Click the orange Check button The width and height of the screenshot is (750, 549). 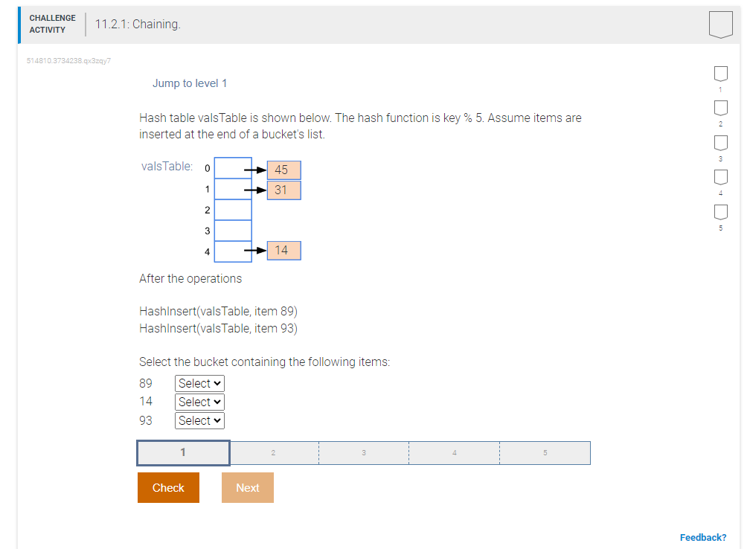point(168,487)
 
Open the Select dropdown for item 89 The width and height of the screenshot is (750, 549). point(199,383)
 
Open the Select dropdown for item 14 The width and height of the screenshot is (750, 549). point(199,402)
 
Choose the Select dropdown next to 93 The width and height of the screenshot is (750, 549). point(199,420)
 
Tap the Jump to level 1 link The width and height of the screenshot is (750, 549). point(190,83)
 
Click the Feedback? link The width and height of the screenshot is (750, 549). point(702,537)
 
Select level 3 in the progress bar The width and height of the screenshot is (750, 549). point(363,452)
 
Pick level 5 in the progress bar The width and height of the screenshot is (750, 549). point(545,452)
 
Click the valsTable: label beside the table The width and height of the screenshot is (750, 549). point(167,166)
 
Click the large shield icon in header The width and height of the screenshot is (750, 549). point(720,24)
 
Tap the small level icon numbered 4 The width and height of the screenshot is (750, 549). point(720,179)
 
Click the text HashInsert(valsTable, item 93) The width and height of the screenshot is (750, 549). point(218,328)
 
